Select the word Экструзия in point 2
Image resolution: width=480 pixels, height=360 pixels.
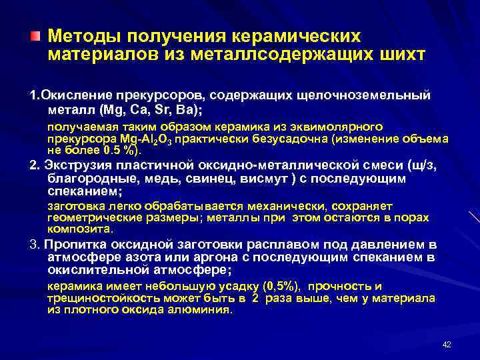pyautogui.click(x=75, y=165)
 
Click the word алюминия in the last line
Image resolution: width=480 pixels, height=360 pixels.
pyautogui.click(x=205, y=310)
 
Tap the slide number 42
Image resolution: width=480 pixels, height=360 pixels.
pyautogui.click(x=447, y=344)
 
